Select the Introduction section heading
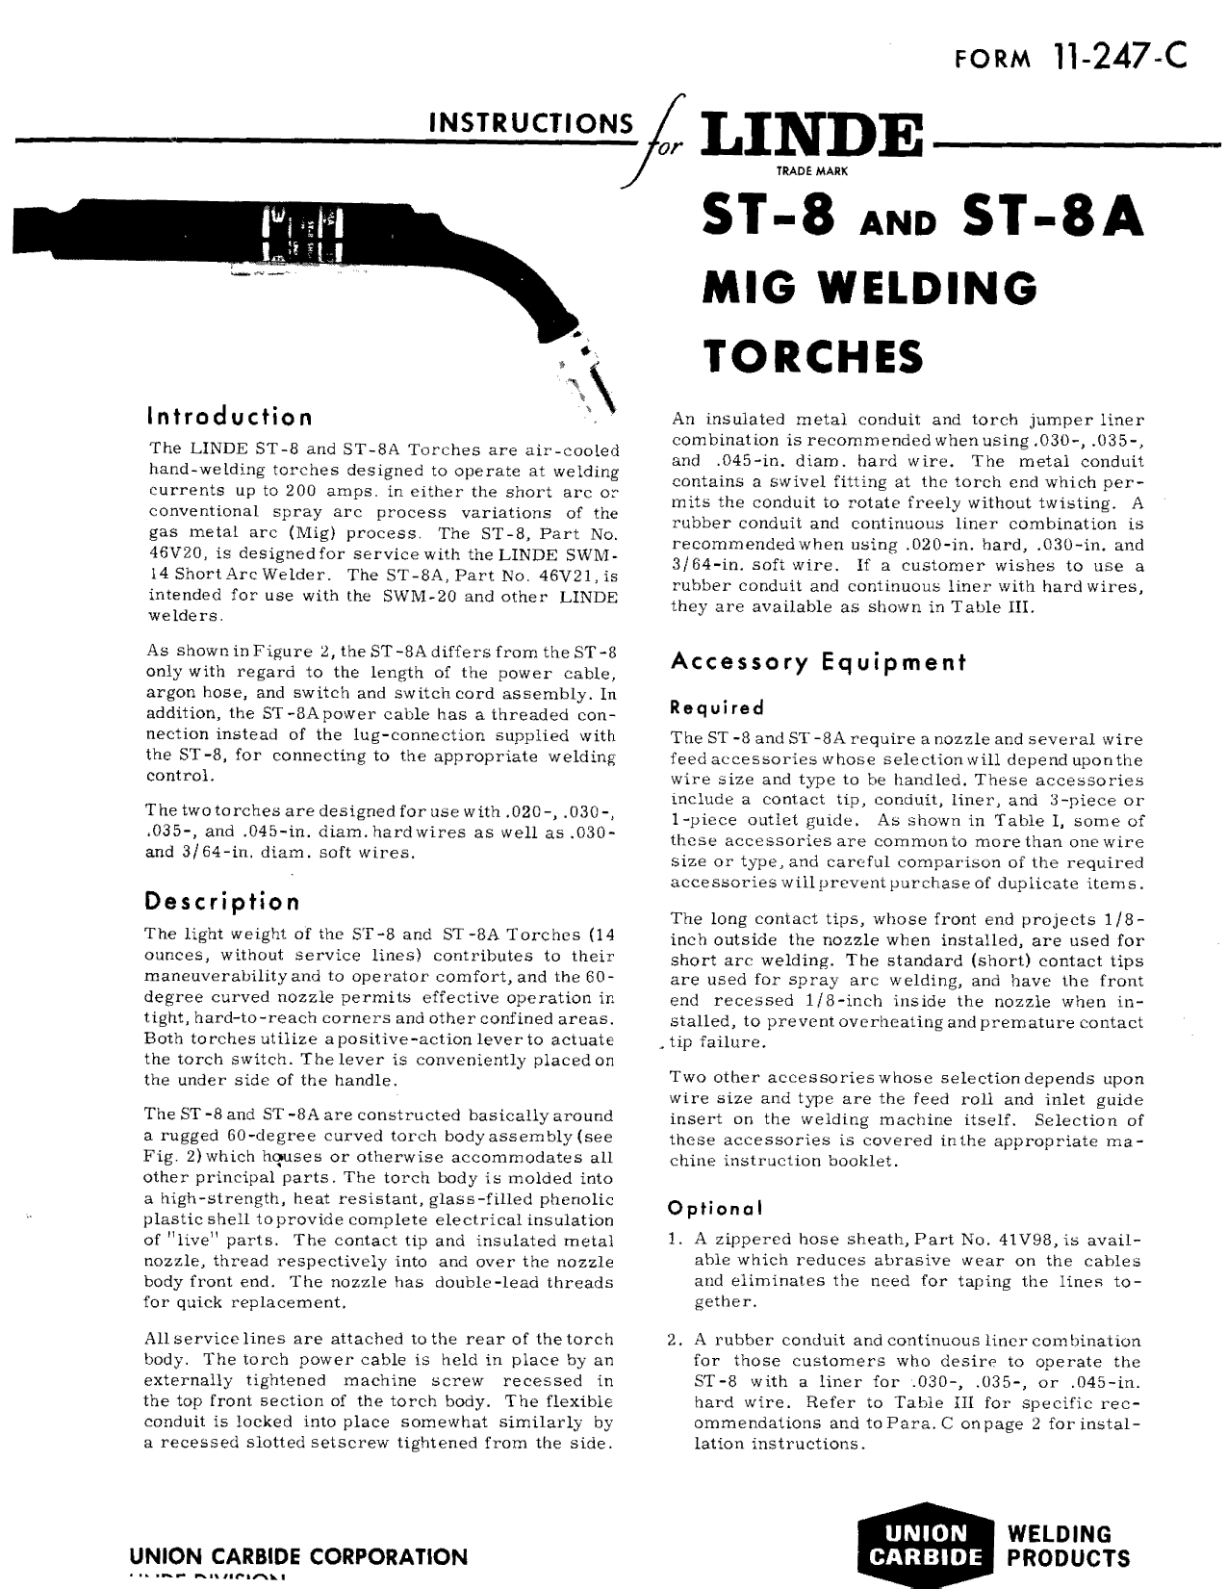[x=229, y=417]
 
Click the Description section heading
[x=221, y=901]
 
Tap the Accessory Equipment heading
[x=817, y=662]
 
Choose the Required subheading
[x=717, y=707]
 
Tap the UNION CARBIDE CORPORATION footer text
[x=305, y=1556]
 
